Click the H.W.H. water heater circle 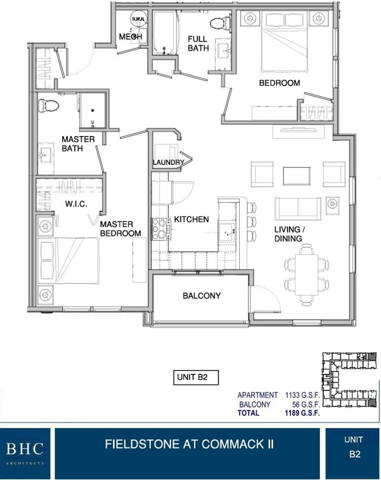[139, 19]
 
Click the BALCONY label [201, 295]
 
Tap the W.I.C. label [76, 204]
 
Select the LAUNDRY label [169, 162]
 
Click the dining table [306, 274]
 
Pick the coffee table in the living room [296, 176]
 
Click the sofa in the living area [297, 209]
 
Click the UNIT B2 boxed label [196, 377]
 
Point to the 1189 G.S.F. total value [302, 413]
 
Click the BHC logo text [25, 449]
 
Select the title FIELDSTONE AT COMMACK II [189, 444]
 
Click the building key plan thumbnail [349, 380]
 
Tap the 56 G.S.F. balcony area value [306, 404]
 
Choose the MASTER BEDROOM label [121, 228]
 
